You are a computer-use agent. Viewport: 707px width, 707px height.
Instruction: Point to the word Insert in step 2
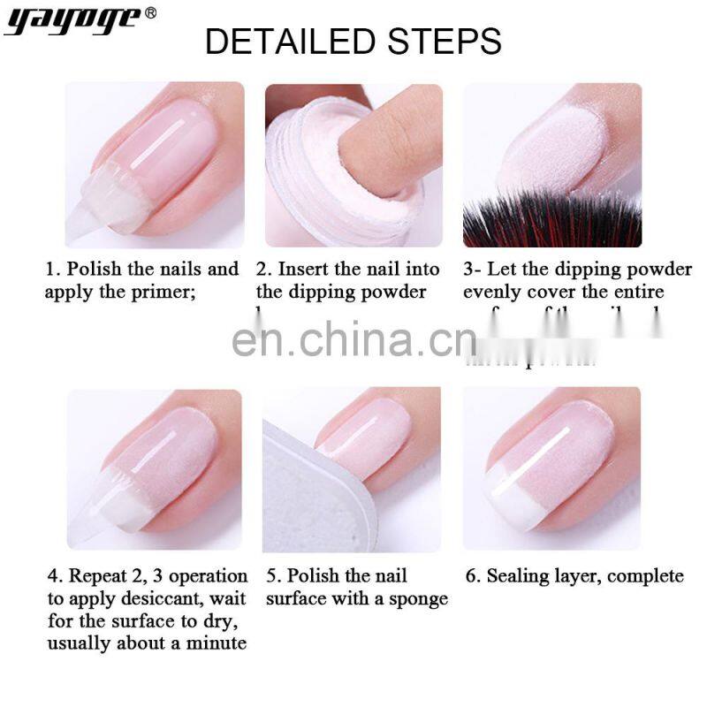point(304,269)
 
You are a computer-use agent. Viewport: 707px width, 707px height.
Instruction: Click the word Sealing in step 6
point(517,577)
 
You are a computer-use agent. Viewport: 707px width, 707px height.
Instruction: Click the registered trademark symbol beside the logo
point(151,12)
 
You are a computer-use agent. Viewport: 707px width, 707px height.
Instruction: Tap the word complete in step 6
point(645,577)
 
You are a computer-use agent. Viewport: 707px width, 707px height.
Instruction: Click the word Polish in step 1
point(95,269)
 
